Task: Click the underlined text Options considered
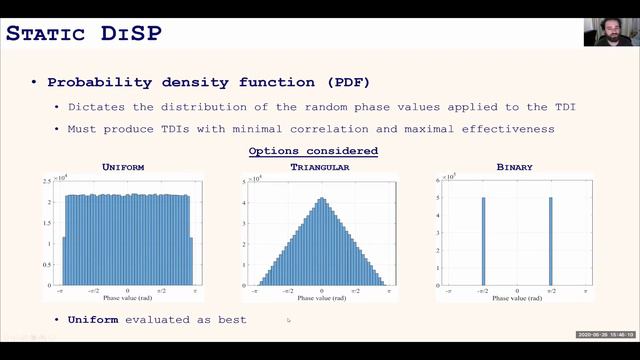313,151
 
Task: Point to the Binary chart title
514,167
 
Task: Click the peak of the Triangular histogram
321,200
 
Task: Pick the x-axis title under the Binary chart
517,298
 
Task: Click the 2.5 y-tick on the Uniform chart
49,181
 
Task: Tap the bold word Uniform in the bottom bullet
92,319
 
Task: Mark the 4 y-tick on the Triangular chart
246,204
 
